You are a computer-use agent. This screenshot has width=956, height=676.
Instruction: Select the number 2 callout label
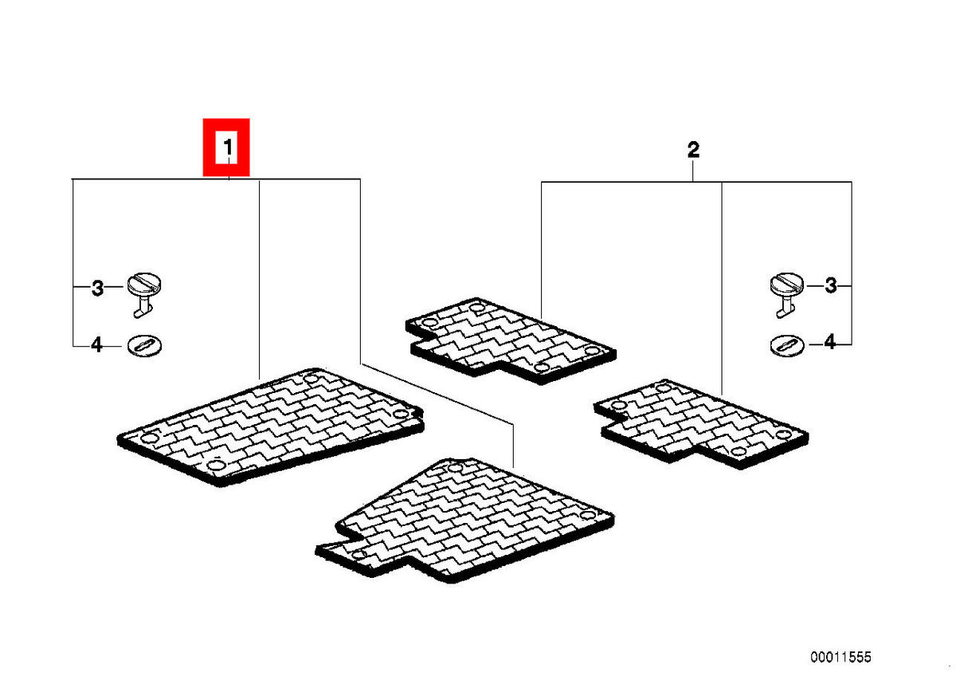693,150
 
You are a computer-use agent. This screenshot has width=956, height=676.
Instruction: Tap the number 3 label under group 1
98,289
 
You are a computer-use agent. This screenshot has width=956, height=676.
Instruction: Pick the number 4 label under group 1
97,344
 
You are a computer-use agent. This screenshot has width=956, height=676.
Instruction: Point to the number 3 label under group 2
830,285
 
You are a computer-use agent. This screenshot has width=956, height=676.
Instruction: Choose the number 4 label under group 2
829,342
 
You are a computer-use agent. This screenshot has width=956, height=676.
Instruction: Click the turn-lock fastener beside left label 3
144,295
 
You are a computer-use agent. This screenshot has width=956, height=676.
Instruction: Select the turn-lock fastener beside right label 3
786,295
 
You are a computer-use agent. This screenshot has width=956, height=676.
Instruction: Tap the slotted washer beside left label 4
145,345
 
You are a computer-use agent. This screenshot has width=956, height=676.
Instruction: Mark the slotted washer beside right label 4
787,345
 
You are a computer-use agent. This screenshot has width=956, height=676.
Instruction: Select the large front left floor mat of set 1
271,427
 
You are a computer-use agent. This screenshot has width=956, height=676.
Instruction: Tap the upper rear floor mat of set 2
511,340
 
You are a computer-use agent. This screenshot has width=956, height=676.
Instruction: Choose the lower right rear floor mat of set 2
701,423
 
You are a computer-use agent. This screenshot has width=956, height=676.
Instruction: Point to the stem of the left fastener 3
141,309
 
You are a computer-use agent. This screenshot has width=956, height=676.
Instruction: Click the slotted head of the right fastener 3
786,283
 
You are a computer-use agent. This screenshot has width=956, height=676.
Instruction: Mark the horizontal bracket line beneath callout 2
696,182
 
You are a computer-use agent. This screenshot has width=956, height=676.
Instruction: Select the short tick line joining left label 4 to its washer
116,345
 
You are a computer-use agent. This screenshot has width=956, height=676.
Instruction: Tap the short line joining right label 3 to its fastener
814,285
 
